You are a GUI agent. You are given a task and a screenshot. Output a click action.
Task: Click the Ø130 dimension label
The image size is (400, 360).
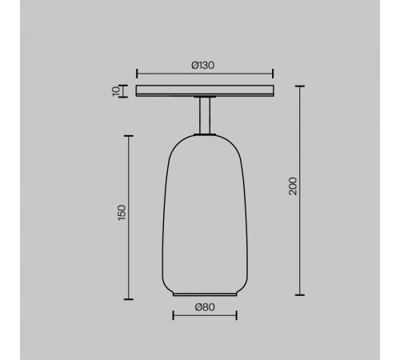[202, 66]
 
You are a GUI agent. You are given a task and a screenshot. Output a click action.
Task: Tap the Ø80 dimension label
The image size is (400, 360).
[205, 307]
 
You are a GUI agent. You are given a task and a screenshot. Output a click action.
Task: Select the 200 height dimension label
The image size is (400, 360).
[293, 186]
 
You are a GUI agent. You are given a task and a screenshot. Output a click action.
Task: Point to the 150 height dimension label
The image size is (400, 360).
[122, 213]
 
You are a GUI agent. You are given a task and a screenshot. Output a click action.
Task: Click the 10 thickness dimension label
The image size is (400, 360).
[116, 91]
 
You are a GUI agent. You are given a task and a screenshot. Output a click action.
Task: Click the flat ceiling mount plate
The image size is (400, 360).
[205, 90]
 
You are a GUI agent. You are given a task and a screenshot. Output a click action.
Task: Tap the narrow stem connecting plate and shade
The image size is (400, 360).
[205, 115]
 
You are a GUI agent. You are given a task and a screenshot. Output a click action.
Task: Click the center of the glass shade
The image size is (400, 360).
[205, 214]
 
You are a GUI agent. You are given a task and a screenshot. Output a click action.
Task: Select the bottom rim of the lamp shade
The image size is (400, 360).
[205, 294]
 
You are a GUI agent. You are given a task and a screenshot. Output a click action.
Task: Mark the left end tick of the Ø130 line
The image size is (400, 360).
[137, 74]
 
